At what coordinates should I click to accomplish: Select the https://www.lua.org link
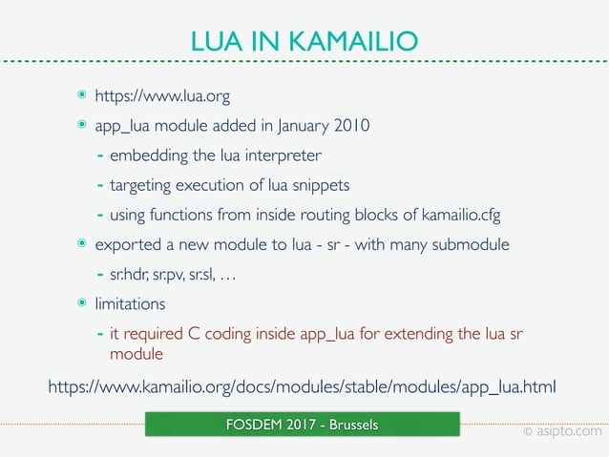[x=162, y=96]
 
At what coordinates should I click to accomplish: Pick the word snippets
[x=321, y=185]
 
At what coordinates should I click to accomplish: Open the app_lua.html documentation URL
[x=302, y=386]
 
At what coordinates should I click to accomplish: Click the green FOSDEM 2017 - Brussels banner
[x=302, y=425]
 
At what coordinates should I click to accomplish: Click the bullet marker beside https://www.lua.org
[x=82, y=96]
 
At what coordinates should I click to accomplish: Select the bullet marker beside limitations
[x=82, y=304]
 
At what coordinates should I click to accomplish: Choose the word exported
[x=127, y=245]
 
